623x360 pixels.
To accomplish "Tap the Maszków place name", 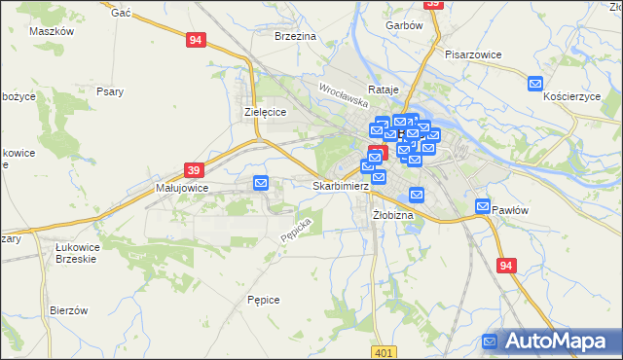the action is click(53, 31).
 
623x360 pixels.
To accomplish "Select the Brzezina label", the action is click(296, 35).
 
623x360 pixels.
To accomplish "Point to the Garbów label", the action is click(404, 25).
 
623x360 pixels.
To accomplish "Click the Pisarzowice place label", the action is click(472, 54).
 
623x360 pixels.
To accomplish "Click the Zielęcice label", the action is click(263, 113).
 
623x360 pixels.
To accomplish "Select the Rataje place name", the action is click(385, 90).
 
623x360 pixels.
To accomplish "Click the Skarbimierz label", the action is click(340, 186).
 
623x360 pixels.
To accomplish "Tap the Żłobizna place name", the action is click(393, 214).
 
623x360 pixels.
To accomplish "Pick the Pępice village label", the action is click(264, 300).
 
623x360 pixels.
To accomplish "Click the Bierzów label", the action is click(69, 310).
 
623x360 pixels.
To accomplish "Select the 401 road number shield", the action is click(385, 352).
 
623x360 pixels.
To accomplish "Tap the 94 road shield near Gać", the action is click(197, 40).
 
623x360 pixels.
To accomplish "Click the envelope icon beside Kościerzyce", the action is click(534, 85).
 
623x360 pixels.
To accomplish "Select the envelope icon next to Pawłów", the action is click(484, 206).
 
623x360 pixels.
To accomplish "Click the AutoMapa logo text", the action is click(559, 342).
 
